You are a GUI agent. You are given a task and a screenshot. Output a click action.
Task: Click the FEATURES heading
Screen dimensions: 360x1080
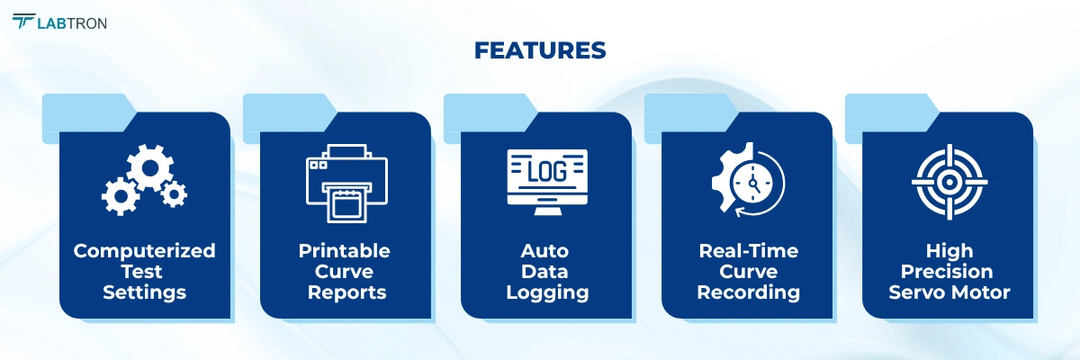pyautogui.click(x=540, y=50)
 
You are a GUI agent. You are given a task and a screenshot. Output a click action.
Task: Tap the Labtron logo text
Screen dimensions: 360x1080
pyautogui.click(x=72, y=22)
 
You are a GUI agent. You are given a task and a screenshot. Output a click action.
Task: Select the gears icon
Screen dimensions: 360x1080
pyautogui.click(x=144, y=179)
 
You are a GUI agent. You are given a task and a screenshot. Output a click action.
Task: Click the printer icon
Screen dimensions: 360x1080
pyautogui.click(x=346, y=184)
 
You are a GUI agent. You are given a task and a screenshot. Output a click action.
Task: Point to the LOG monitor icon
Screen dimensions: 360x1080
pyautogui.click(x=546, y=181)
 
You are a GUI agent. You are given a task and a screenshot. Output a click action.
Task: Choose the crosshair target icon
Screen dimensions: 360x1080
pyautogui.click(x=948, y=181)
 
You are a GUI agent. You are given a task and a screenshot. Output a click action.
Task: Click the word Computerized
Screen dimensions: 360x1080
pyautogui.click(x=144, y=251)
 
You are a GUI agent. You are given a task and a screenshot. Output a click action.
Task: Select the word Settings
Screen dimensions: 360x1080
pyautogui.click(x=144, y=292)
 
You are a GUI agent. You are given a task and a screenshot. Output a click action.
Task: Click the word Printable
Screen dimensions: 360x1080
pyautogui.click(x=345, y=251)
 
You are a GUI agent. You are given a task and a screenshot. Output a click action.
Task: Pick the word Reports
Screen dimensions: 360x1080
pyautogui.click(x=346, y=292)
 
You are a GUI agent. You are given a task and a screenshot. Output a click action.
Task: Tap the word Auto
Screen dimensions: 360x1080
pyautogui.click(x=545, y=251)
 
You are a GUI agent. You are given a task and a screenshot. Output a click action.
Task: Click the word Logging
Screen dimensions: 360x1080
pyautogui.click(x=546, y=292)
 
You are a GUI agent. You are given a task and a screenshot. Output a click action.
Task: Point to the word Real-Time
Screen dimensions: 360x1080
pyautogui.click(x=748, y=251)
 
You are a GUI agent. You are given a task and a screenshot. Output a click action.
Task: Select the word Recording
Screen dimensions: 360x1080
pyautogui.click(x=748, y=292)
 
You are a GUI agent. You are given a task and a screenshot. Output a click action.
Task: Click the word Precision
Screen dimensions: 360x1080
pyautogui.click(x=948, y=272)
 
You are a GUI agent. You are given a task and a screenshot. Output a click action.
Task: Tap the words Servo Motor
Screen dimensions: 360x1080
pyautogui.click(x=948, y=292)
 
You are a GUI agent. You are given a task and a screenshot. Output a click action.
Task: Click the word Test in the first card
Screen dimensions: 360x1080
pyautogui.click(x=144, y=272)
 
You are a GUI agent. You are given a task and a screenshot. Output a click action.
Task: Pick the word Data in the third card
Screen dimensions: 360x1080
pyautogui.click(x=546, y=272)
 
